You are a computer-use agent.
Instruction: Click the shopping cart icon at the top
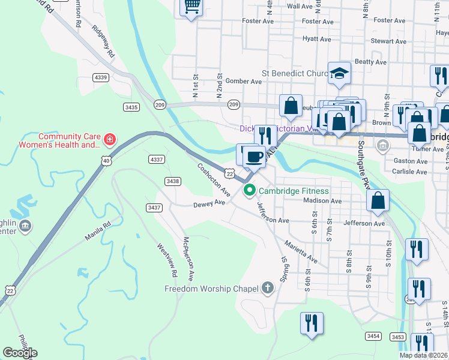(191, 7)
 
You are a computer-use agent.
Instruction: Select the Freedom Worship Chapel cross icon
(268, 289)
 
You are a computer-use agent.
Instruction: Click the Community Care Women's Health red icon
(109, 140)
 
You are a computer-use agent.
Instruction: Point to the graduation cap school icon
(339, 74)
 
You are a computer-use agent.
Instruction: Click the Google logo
(20, 353)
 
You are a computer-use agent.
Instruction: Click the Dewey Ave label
(208, 203)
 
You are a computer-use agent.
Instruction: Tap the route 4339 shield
(101, 77)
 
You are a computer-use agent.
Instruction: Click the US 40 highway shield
(106, 161)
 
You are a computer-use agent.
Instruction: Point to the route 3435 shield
(131, 107)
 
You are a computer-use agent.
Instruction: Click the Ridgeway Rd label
(104, 41)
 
